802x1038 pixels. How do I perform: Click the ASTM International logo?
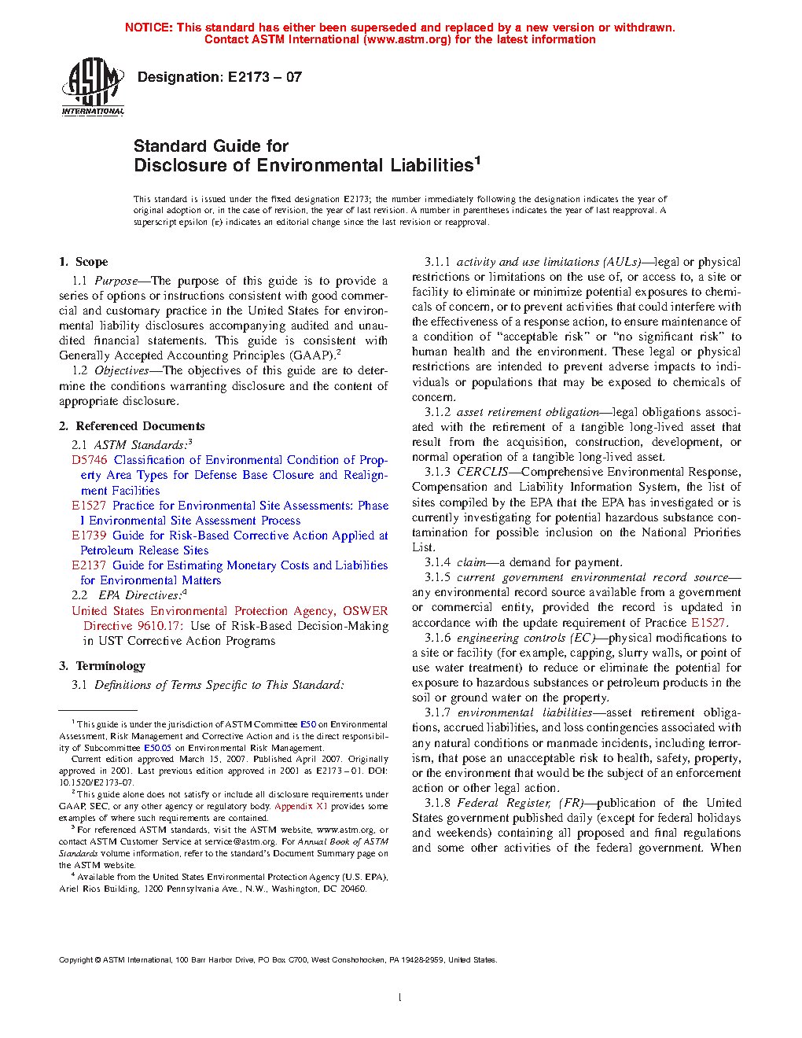93,87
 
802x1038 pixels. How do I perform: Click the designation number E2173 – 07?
264,77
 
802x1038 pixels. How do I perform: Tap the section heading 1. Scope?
83,262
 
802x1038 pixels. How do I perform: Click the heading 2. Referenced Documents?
131,426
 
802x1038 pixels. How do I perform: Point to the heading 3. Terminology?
102,666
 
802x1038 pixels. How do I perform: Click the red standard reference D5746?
89,460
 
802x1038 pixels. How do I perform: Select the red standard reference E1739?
89,536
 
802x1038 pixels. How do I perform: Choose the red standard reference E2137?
89,565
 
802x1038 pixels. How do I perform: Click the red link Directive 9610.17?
133,626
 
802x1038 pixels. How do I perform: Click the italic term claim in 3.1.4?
471,562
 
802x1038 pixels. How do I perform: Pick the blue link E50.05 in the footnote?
157,748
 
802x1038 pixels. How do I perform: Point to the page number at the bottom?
400,998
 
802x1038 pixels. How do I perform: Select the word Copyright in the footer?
76,959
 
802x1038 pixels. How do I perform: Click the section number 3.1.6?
438,638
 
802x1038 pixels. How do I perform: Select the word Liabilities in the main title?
432,166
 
